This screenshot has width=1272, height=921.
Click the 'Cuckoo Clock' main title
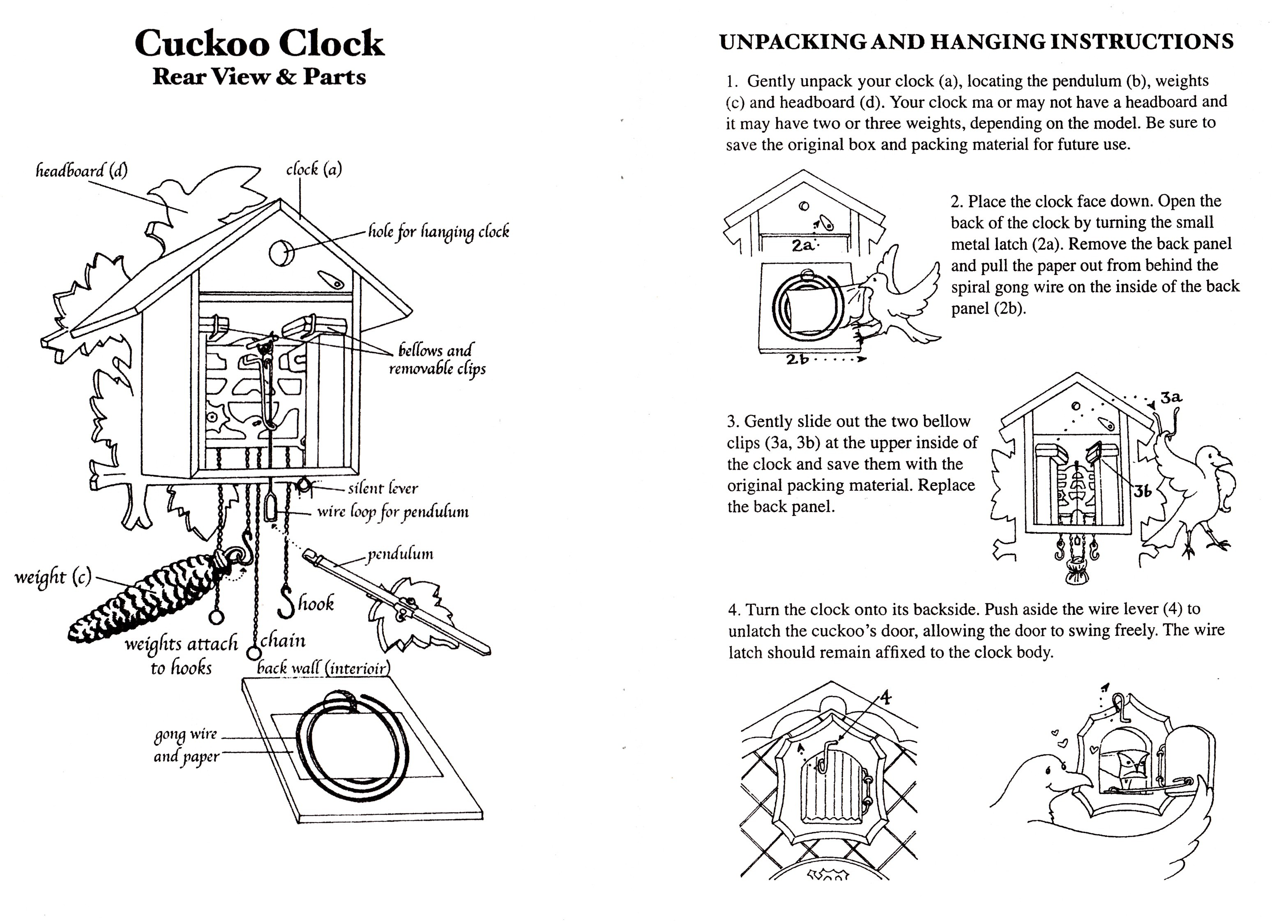pos(259,43)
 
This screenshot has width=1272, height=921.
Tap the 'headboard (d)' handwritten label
pos(81,170)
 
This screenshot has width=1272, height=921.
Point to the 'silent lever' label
pos(383,489)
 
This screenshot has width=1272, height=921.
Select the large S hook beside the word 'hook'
pos(287,601)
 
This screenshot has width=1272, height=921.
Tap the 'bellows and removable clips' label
pos(437,360)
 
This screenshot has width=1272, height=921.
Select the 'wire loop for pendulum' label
pos(393,512)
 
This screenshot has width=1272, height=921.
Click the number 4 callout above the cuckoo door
pos(885,697)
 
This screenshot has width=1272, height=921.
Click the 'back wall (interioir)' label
pos(323,668)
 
